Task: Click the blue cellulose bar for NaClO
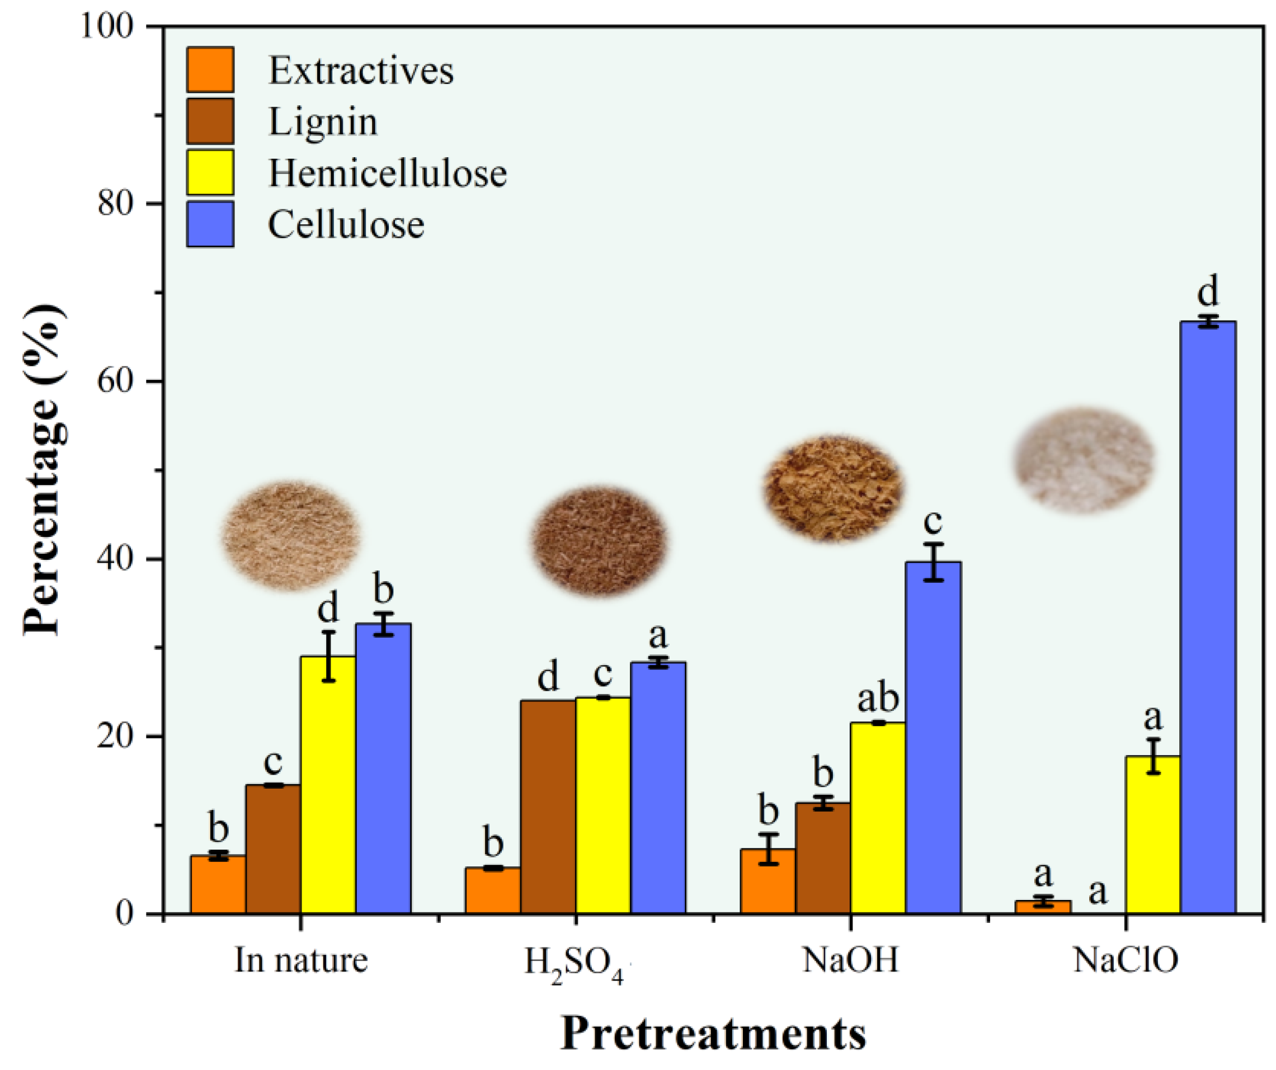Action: [x=1207, y=617]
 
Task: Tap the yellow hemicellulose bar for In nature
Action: [x=328, y=784]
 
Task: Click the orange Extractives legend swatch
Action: [x=210, y=70]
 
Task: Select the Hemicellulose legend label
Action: [x=387, y=173]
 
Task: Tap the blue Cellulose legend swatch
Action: [x=210, y=224]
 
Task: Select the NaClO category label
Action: [x=1126, y=960]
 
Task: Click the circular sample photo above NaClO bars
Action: [x=1084, y=459]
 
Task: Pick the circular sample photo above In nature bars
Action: [x=291, y=535]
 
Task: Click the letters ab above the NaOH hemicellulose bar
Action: [x=877, y=699]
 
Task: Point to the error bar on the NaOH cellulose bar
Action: [x=933, y=562]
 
